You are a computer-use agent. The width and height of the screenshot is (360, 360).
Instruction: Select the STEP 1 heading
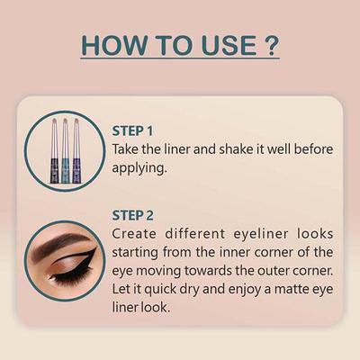tap(133, 130)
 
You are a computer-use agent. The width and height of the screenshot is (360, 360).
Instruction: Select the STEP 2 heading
tap(133, 216)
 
